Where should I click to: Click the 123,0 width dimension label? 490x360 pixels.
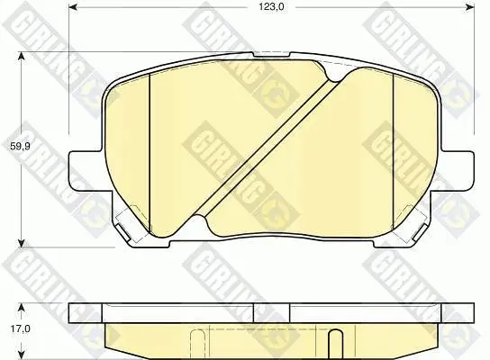point(271,6)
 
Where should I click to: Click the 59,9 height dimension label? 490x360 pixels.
point(20,146)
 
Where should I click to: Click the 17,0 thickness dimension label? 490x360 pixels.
point(20,328)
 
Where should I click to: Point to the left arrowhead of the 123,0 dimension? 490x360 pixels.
point(73,7)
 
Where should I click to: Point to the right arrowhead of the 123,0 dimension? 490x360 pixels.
point(470,7)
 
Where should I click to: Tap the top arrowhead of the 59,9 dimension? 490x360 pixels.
point(22,57)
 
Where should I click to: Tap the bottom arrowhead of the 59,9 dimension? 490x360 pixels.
point(22,243)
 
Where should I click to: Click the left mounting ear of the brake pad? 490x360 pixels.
point(86,170)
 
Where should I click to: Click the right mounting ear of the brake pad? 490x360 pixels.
point(458,170)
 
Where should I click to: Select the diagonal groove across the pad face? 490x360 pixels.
point(266,147)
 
